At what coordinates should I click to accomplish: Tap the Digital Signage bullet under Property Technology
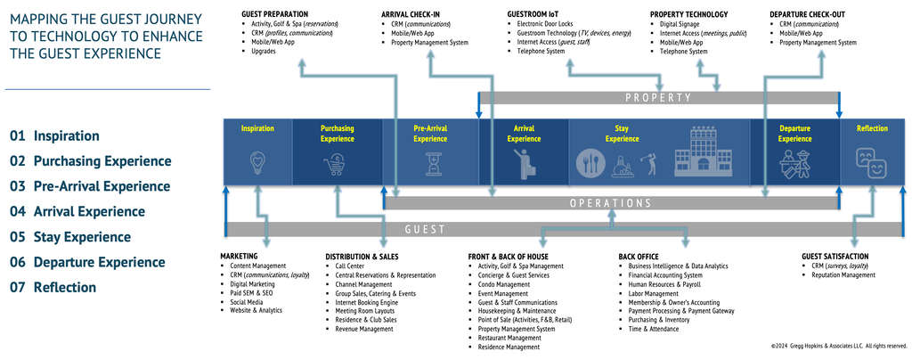682,24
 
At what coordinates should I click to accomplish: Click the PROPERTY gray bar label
658,97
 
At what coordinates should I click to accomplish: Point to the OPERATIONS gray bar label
610,203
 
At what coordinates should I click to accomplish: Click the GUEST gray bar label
425,229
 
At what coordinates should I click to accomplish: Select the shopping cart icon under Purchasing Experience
336,164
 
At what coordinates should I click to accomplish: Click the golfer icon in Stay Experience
648,163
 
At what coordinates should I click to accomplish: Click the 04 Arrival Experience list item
77,212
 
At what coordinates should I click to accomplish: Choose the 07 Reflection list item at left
53,287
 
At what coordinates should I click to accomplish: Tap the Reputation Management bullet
843,275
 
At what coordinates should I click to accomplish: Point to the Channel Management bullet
363,284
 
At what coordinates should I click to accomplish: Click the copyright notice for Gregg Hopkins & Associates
838,346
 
